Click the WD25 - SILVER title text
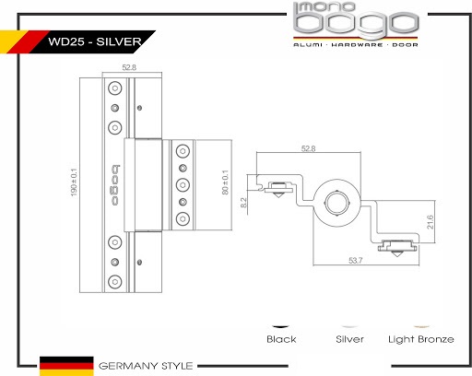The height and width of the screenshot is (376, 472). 95,41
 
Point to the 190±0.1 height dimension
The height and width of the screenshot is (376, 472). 74,182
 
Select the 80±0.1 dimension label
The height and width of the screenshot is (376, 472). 225,182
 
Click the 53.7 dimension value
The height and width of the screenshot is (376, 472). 356,261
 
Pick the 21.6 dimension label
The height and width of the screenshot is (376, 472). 431,222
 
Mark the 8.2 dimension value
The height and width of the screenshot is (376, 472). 243,203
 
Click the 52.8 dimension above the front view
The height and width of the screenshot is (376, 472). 129,67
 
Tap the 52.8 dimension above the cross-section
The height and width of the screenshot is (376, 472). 308,148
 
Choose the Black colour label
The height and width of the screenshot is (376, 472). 281,339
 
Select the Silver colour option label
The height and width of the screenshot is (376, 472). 349,339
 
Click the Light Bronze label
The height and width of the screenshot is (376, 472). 421,339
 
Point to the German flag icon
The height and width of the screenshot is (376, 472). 66,366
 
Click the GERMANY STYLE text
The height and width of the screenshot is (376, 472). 146,366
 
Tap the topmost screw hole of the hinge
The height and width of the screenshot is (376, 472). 115,88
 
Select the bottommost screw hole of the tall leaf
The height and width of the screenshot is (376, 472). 115,281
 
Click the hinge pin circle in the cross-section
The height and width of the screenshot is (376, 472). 337,203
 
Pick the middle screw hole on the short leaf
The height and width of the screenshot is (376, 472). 183,185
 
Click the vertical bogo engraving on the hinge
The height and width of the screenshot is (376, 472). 115,185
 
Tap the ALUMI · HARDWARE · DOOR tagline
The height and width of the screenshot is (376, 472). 356,45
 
